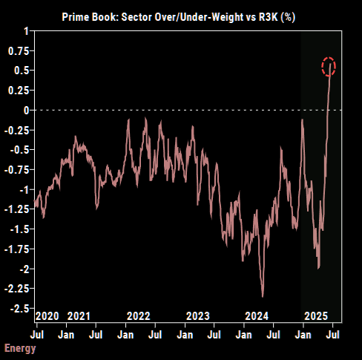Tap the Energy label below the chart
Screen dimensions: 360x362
[x=20, y=348]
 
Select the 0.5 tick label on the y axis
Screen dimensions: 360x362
[x=20, y=70]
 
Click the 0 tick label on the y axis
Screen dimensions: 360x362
[x=25, y=110]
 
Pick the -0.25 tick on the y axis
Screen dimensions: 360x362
[x=16, y=130]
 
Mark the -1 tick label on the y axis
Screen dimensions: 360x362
[x=22, y=189]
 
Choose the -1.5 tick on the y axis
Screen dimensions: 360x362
[x=18, y=229]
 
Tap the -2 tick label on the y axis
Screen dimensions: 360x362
[x=22, y=268]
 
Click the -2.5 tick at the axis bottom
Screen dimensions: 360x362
[x=18, y=308]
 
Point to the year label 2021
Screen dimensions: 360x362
[x=80, y=316]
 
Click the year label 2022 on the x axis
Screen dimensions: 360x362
[x=139, y=316]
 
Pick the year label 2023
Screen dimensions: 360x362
[x=198, y=316]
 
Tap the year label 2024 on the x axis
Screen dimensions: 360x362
[x=256, y=316]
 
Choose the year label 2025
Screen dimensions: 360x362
[x=316, y=316]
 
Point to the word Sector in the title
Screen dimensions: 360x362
[x=161, y=14]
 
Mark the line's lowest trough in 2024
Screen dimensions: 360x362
[x=263, y=295]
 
